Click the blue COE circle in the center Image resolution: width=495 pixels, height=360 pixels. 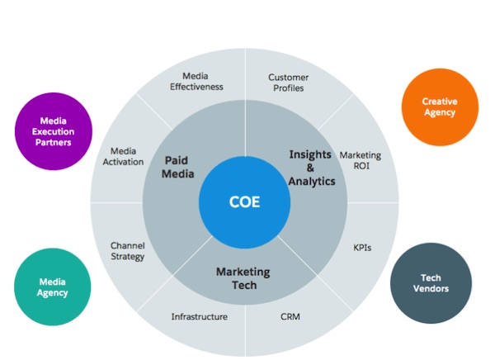244,200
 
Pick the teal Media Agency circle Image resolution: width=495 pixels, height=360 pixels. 52,286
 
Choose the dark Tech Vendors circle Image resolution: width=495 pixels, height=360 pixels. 431,283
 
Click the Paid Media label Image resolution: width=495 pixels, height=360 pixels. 178,167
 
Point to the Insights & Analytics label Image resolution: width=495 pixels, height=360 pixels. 312,168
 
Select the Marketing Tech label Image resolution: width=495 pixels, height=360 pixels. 243,278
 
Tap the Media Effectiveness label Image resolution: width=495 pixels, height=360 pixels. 196,81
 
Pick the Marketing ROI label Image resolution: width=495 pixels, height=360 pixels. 360,160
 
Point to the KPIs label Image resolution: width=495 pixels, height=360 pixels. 361,246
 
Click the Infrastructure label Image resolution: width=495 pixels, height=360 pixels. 199,315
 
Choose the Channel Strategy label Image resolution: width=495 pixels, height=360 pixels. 128,250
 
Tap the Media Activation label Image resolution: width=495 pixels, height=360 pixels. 127,156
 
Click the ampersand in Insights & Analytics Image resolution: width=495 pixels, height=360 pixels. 310,168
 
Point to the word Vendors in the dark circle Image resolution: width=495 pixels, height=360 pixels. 431,290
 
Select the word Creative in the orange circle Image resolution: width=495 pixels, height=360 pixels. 440,101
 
